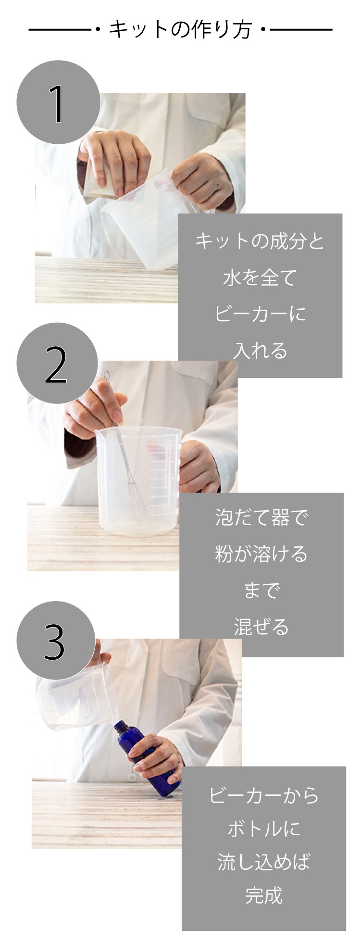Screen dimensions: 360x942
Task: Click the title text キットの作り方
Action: pos(180,29)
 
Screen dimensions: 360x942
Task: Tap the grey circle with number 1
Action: pos(58,102)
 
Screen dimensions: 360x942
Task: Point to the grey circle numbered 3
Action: pos(56,641)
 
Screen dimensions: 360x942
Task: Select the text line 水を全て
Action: pos(260,277)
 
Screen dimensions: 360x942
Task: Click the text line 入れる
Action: pos(260,351)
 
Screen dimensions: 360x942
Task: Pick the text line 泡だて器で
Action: pos(261,517)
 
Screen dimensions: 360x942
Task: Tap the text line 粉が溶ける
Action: pos(261,554)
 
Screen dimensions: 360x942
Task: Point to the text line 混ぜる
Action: pos(261,627)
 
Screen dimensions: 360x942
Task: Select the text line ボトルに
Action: pos(264,829)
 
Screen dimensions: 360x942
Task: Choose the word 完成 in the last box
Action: pos(263,895)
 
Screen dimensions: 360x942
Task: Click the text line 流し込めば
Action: pos(264,862)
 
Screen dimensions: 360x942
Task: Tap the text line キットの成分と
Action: pos(260,241)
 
